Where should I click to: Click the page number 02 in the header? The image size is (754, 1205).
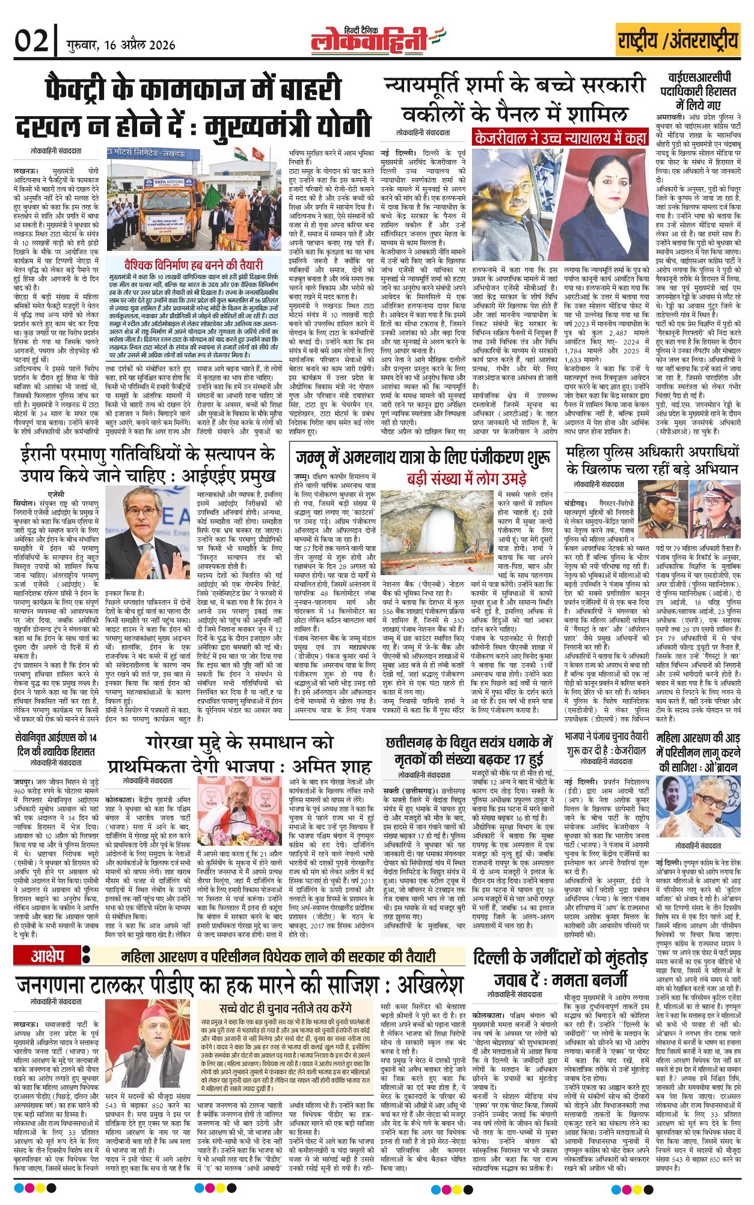pos(31,42)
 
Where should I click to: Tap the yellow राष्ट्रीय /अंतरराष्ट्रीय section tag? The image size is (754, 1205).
pos(678,40)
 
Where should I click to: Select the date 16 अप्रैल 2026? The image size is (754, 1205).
pos(120,45)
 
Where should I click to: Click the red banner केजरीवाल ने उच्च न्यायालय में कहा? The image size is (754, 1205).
pos(560,138)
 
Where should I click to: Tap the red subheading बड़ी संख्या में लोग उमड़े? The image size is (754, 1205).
pos(467,479)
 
